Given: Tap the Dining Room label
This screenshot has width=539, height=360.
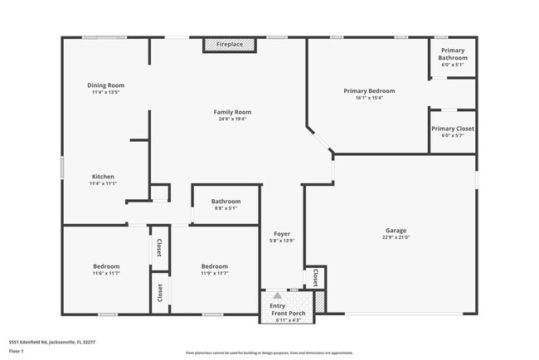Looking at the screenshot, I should (106, 85).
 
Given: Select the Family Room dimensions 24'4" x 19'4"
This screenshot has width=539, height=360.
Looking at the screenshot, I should (232, 119).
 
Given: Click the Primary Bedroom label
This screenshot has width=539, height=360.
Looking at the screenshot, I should (369, 90).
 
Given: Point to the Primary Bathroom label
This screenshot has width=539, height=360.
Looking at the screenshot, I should (453, 54).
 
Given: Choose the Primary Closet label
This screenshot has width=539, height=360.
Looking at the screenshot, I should (453, 129).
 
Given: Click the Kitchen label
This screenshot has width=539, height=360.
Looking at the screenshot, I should (104, 176).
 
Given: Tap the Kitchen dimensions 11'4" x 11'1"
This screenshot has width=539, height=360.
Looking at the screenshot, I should (104, 182).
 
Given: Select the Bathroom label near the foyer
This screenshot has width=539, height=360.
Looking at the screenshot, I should (226, 201).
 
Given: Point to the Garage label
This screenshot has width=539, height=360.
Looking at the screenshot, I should (396, 230).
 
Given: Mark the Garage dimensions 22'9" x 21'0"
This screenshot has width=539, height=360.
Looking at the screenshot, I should (396, 237).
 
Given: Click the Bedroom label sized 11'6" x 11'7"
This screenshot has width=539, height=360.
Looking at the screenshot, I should (106, 266).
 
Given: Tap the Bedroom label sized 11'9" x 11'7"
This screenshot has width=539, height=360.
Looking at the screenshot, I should (214, 266).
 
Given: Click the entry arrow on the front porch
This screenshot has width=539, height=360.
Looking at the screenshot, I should (277, 295).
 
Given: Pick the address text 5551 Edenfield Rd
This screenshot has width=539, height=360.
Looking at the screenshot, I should (51, 341).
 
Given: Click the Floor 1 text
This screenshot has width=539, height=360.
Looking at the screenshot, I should (17, 351).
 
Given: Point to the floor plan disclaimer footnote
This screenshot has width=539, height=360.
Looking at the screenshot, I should (269, 353).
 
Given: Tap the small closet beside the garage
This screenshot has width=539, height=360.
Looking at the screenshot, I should (316, 277).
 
